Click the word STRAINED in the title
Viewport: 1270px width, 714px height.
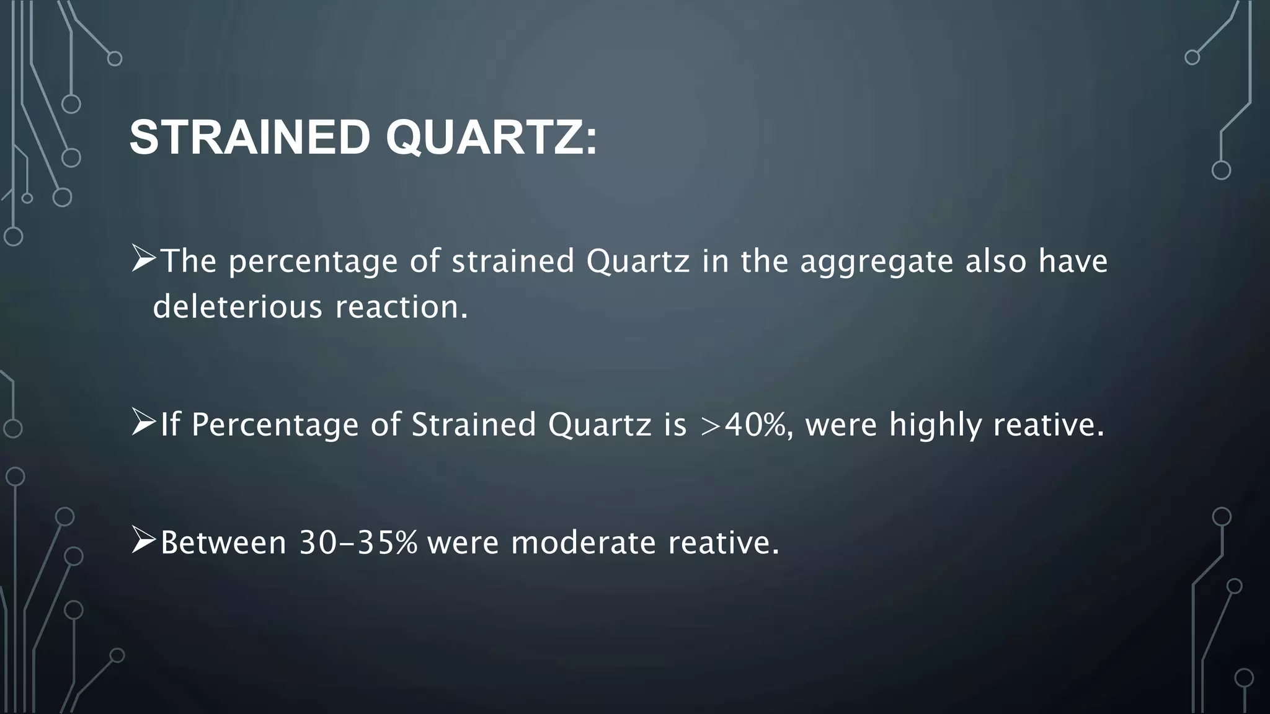point(250,138)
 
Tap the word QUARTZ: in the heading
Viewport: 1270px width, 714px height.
point(491,138)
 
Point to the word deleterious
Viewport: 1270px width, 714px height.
point(238,306)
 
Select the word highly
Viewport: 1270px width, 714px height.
point(935,425)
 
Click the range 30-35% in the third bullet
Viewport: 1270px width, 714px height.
point(358,543)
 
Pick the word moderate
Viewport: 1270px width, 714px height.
point(583,543)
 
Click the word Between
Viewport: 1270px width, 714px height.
point(223,543)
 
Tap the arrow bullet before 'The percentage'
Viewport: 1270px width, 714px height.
point(143,259)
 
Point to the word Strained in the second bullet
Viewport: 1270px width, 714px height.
point(474,425)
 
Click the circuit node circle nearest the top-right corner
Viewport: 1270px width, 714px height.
point(1192,58)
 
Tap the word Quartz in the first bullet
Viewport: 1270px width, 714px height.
point(637,262)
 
